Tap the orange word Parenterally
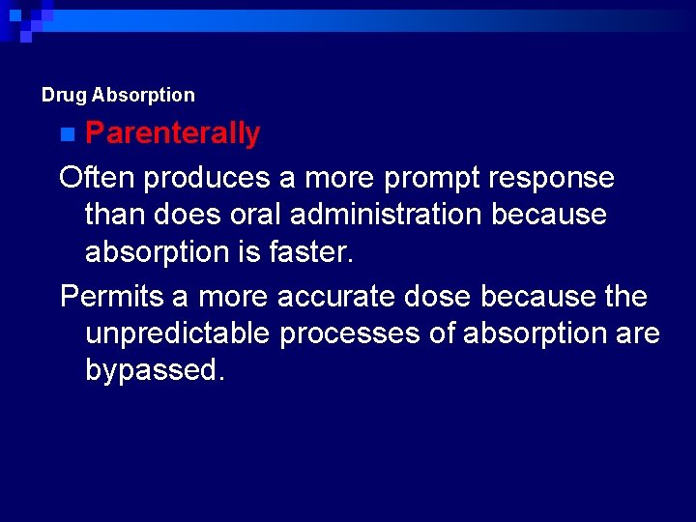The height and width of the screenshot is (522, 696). pyautogui.click(x=172, y=133)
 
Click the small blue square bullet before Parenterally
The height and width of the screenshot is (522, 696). pyautogui.click(x=66, y=133)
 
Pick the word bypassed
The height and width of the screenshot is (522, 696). pyautogui.click(x=155, y=370)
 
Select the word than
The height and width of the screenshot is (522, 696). pyautogui.click(x=118, y=215)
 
